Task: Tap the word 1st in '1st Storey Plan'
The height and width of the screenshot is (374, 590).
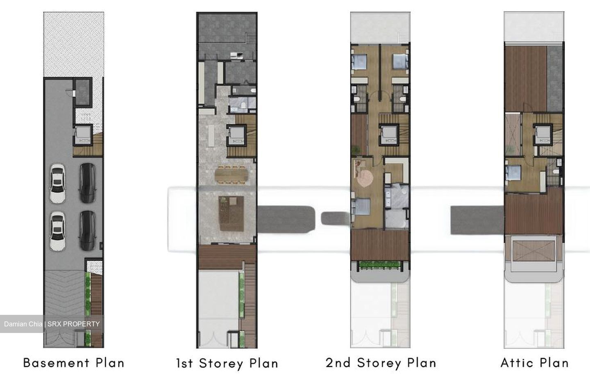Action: tap(185, 363)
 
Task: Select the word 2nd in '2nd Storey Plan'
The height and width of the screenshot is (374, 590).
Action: tap(338, 363)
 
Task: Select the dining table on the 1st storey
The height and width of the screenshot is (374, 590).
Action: tap(231, 174)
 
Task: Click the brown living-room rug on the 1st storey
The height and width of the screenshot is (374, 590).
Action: tap(231, 213)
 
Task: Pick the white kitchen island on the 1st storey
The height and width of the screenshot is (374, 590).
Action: tap(211, 135)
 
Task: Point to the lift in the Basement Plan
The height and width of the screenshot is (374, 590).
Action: tap(83, 135)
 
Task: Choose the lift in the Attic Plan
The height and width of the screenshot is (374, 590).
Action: tap(543, 135)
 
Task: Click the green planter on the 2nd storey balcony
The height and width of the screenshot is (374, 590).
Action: tap(380, 265)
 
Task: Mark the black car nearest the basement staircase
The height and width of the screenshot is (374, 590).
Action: tap(87, 183)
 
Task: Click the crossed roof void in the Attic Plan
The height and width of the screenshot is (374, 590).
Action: tap(533, 251)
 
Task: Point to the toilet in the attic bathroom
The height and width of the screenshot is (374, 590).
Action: tap(556, 172)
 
